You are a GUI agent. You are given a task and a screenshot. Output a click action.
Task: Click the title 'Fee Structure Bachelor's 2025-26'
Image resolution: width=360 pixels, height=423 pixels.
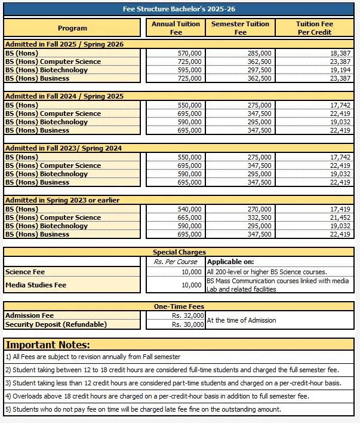click(180, 10)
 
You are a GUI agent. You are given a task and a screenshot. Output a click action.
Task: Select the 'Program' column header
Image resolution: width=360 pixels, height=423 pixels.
click(72, 28)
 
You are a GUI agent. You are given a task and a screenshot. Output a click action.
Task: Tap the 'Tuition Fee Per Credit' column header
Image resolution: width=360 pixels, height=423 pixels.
click(315, 28)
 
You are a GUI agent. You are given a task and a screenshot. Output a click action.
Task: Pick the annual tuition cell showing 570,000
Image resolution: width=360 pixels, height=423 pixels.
click(190, 53)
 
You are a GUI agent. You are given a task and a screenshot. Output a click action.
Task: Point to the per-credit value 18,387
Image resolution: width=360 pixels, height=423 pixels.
click(340, 53)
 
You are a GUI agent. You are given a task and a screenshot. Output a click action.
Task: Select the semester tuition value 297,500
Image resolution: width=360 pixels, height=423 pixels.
click(259, 70)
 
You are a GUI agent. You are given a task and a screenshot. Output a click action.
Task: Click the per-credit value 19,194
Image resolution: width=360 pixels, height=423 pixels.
click(340, 70)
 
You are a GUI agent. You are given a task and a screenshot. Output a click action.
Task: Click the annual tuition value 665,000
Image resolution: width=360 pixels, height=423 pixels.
click(190, 217)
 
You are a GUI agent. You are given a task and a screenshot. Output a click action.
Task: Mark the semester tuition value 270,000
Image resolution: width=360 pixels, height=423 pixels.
click(259, 209)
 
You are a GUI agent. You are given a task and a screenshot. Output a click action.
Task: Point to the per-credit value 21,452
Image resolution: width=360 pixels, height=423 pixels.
click(340, 217)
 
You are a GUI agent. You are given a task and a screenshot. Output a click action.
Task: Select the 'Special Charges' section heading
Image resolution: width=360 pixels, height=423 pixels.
click(179, 253)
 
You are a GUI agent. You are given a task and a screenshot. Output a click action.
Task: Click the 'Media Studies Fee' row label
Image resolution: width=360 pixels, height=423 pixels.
click(35, 285)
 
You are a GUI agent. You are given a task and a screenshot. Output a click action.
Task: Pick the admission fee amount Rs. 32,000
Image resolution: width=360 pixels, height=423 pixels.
click(188, 315)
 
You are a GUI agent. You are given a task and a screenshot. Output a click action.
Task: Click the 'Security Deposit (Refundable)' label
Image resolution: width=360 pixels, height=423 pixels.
click(56, 324)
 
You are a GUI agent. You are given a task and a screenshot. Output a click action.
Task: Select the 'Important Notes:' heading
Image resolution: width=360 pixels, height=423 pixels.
click(48, 345)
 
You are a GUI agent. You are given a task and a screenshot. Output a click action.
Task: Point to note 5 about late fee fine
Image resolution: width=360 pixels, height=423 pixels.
click(143, 409)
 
